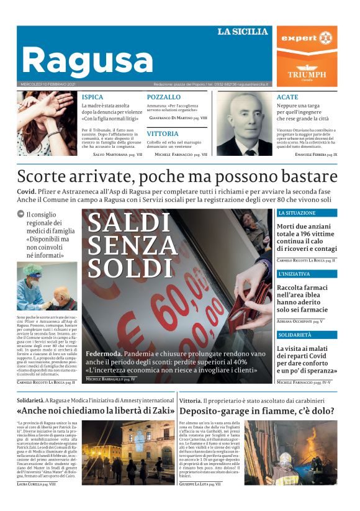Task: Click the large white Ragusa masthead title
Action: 87,60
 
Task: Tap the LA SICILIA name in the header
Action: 242,32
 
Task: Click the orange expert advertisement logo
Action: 307,38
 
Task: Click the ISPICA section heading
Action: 92,97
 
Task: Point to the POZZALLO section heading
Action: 164,97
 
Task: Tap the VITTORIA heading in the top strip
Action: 163,133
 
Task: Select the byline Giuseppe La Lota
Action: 199,483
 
